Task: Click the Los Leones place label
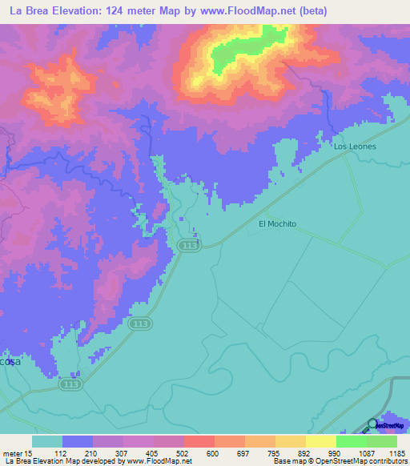point(355,147)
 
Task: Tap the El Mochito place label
point(277,224)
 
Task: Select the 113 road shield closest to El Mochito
point(188,247)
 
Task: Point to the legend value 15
point(29,454)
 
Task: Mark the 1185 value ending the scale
point(396,454)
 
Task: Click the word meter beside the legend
point(12,454)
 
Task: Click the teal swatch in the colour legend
point(47,441)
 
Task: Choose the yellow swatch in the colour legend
point(320,441)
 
